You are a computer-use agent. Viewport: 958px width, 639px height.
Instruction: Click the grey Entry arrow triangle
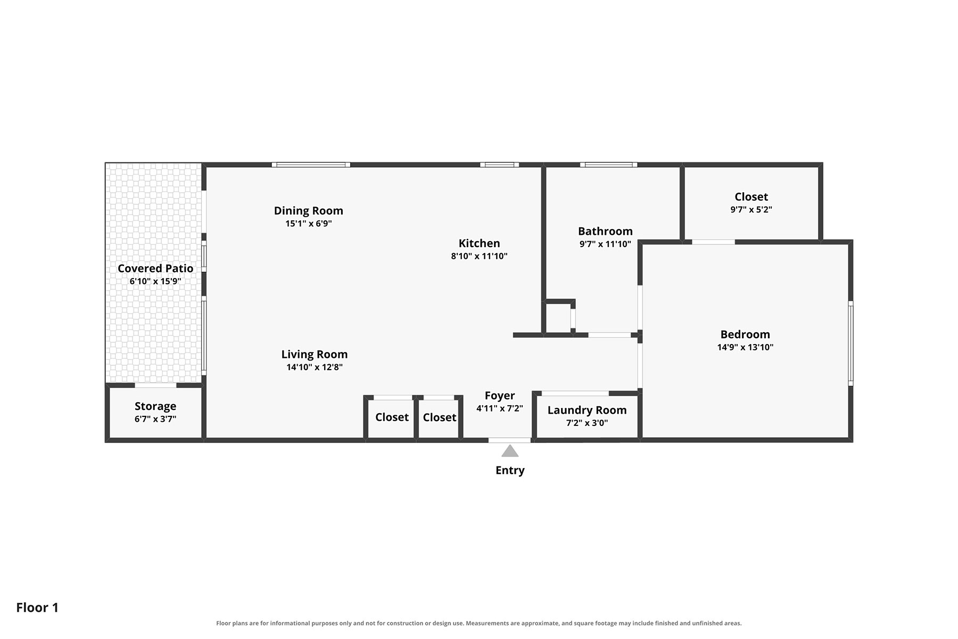tap(510, 452)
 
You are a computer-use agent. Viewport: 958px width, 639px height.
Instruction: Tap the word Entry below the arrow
tap(510, 470)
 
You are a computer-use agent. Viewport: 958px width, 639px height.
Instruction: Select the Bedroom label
tap(745, 334)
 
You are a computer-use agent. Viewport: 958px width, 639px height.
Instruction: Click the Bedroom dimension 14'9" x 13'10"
tap(745, 347)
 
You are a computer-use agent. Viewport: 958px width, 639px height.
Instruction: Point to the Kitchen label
tap(479, 243)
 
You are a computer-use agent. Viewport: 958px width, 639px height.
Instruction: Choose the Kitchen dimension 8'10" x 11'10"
tap(479, 256)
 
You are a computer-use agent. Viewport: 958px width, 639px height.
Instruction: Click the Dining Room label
tap(309, 211)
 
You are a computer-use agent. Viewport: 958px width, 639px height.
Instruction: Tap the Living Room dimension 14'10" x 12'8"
tap(315, 367)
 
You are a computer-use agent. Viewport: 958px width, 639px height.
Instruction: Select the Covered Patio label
tap(155, 268)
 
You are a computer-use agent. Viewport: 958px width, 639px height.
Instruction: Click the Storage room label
tap(155, 406)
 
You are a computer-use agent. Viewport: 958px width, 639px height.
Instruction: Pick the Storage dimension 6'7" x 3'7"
tap(155, 419)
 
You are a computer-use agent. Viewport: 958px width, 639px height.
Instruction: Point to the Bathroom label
tap(605, 231)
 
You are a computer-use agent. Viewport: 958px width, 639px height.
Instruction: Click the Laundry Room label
tap(587, 411)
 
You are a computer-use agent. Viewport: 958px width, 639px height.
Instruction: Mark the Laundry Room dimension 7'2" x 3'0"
tap(587, 423)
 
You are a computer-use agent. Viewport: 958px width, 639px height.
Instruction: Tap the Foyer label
tap(500, 396)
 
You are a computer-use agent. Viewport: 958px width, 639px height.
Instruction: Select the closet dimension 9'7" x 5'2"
tap(751, 210)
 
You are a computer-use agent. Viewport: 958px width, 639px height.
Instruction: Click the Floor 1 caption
tap(37, 608)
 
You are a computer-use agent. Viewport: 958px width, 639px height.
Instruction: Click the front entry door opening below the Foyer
tap(510, 440)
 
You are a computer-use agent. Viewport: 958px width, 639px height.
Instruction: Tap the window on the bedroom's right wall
tap(850, 343)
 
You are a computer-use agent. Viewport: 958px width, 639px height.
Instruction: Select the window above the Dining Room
tap(311, 165)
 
